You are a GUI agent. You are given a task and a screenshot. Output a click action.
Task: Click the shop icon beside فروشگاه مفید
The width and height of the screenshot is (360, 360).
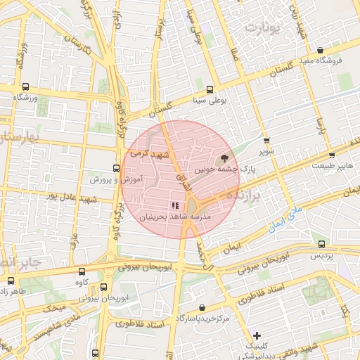point(321,50)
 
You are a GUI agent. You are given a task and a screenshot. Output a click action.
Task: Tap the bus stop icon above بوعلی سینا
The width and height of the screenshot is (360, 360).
point(211,89)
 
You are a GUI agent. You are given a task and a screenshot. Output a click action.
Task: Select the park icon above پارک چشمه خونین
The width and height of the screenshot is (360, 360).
point(224,158)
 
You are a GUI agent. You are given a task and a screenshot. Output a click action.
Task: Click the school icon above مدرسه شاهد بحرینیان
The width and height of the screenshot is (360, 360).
point(174,205)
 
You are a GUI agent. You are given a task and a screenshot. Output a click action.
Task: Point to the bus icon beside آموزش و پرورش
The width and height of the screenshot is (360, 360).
point(116,168)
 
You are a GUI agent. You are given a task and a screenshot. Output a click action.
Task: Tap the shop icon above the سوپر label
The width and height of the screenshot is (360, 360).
point(266,141)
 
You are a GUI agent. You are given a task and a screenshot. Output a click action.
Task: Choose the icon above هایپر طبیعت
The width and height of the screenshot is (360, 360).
point(332,155)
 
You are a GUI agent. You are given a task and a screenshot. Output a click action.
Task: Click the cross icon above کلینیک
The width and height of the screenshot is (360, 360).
point(257,336)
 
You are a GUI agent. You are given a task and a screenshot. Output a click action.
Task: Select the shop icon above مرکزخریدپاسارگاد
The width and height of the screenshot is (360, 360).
point(202,307)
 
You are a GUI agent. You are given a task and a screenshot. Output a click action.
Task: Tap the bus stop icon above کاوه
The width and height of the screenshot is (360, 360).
point(82,271)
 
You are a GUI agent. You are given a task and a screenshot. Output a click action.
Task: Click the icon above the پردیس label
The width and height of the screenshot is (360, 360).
point(321,244)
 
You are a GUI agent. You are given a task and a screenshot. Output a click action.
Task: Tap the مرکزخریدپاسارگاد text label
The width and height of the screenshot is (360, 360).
point(203,319)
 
